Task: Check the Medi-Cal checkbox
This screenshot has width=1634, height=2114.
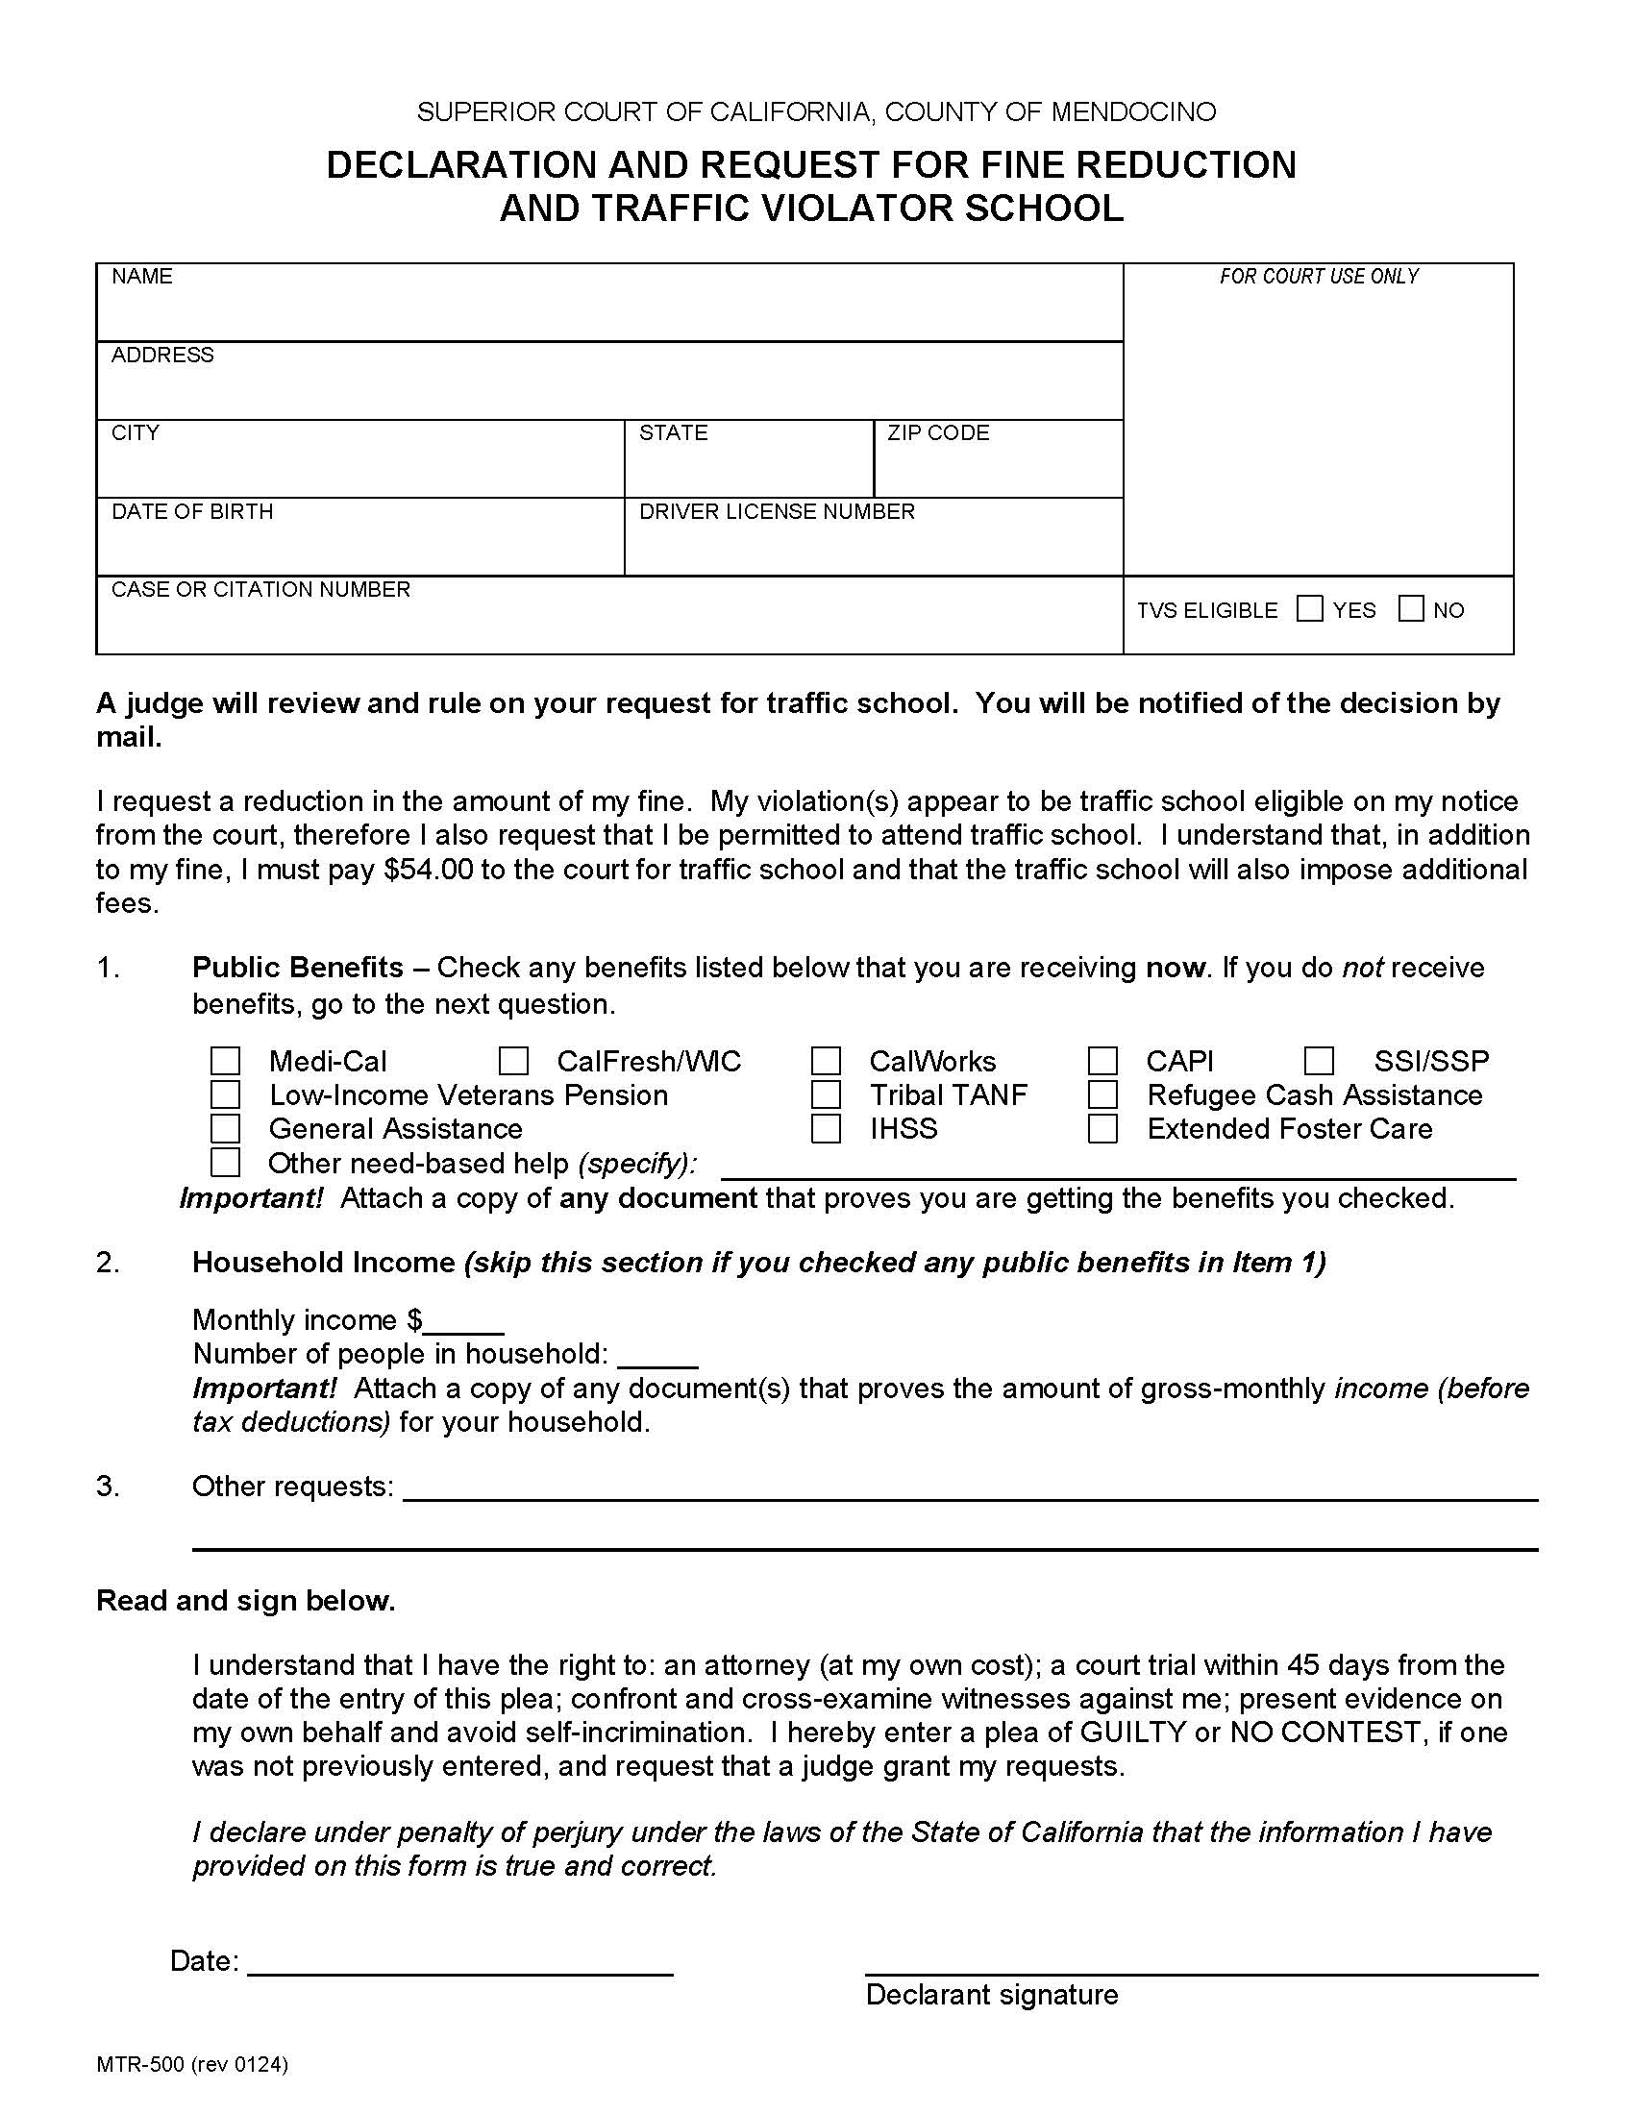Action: tap(225, 1061)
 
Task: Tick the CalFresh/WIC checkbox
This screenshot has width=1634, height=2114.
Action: tap(513, 1061)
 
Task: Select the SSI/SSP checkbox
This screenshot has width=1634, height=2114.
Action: tap(1319, 1061)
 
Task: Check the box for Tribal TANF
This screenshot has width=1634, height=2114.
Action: tap(826, 1094)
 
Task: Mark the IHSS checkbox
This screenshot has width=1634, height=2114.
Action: tap(826, 1129)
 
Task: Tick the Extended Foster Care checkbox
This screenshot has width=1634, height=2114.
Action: tap(1102, 1129)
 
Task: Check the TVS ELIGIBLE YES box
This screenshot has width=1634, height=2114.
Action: tap(1309, 609)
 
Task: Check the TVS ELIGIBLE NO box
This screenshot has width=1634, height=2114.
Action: tap(1411, 609)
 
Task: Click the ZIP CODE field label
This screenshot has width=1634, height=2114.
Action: tap(938, 432)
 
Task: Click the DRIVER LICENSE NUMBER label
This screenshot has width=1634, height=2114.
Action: tap(777, 511)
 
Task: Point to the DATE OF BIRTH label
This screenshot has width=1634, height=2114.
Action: tap(191, 511)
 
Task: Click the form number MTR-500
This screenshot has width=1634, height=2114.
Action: tap(139, 2065)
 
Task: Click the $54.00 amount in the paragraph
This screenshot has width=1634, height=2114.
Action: tap(428, 870)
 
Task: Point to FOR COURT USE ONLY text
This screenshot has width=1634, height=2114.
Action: tap(1319, 277)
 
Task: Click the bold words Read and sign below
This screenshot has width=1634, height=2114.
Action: tap(246, 1601)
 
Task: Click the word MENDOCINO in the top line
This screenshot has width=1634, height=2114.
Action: tap(1132, 112)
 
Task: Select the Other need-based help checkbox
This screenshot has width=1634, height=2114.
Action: tap(225, 1162)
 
